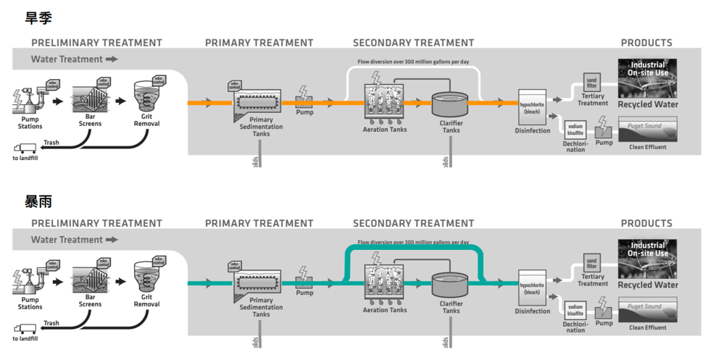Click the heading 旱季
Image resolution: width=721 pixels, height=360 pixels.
click(38, 18)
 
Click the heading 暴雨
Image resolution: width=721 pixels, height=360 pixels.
click(38, 201)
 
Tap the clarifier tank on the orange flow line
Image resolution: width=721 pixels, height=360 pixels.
click(451, 104)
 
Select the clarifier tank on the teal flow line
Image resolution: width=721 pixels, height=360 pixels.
click(451, 284)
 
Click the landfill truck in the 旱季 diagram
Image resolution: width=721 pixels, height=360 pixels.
click(25, 148)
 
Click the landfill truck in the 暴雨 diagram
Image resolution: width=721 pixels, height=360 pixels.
click(25, 329)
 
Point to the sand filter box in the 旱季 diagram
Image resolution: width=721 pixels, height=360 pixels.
click(591, 83)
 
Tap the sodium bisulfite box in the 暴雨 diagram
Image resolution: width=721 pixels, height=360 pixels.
click(575, 310)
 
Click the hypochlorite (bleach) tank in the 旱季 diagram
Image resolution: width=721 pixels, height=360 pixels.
click(532, 106)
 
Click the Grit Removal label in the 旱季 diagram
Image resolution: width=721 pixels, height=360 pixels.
click(146, 120)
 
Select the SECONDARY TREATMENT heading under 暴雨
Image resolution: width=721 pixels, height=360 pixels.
click(413, 223)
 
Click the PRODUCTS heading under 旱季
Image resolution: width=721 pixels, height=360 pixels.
click(646, 43)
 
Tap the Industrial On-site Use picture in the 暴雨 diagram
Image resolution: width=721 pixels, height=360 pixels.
click(647, 257)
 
